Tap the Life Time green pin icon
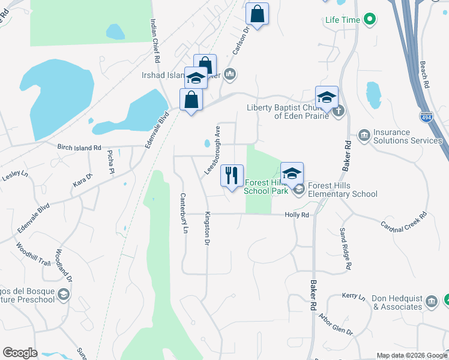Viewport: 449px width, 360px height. [x=370, y=20]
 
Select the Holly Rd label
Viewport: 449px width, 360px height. [x=297, y=214]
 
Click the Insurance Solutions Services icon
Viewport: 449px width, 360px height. [x=364, y=136]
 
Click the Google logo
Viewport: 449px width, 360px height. [x=20, y=353]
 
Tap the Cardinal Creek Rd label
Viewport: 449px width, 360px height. [x=403, y=223]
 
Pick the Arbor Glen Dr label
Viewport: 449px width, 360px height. [x=337, y=323]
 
